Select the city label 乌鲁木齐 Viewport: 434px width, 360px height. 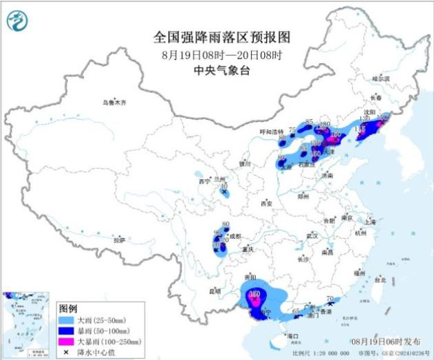coord(115,102)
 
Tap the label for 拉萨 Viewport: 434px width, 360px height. coord(120,240)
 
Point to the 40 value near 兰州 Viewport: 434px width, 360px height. coord(224,185)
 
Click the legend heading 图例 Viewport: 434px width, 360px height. coord(67,308)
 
